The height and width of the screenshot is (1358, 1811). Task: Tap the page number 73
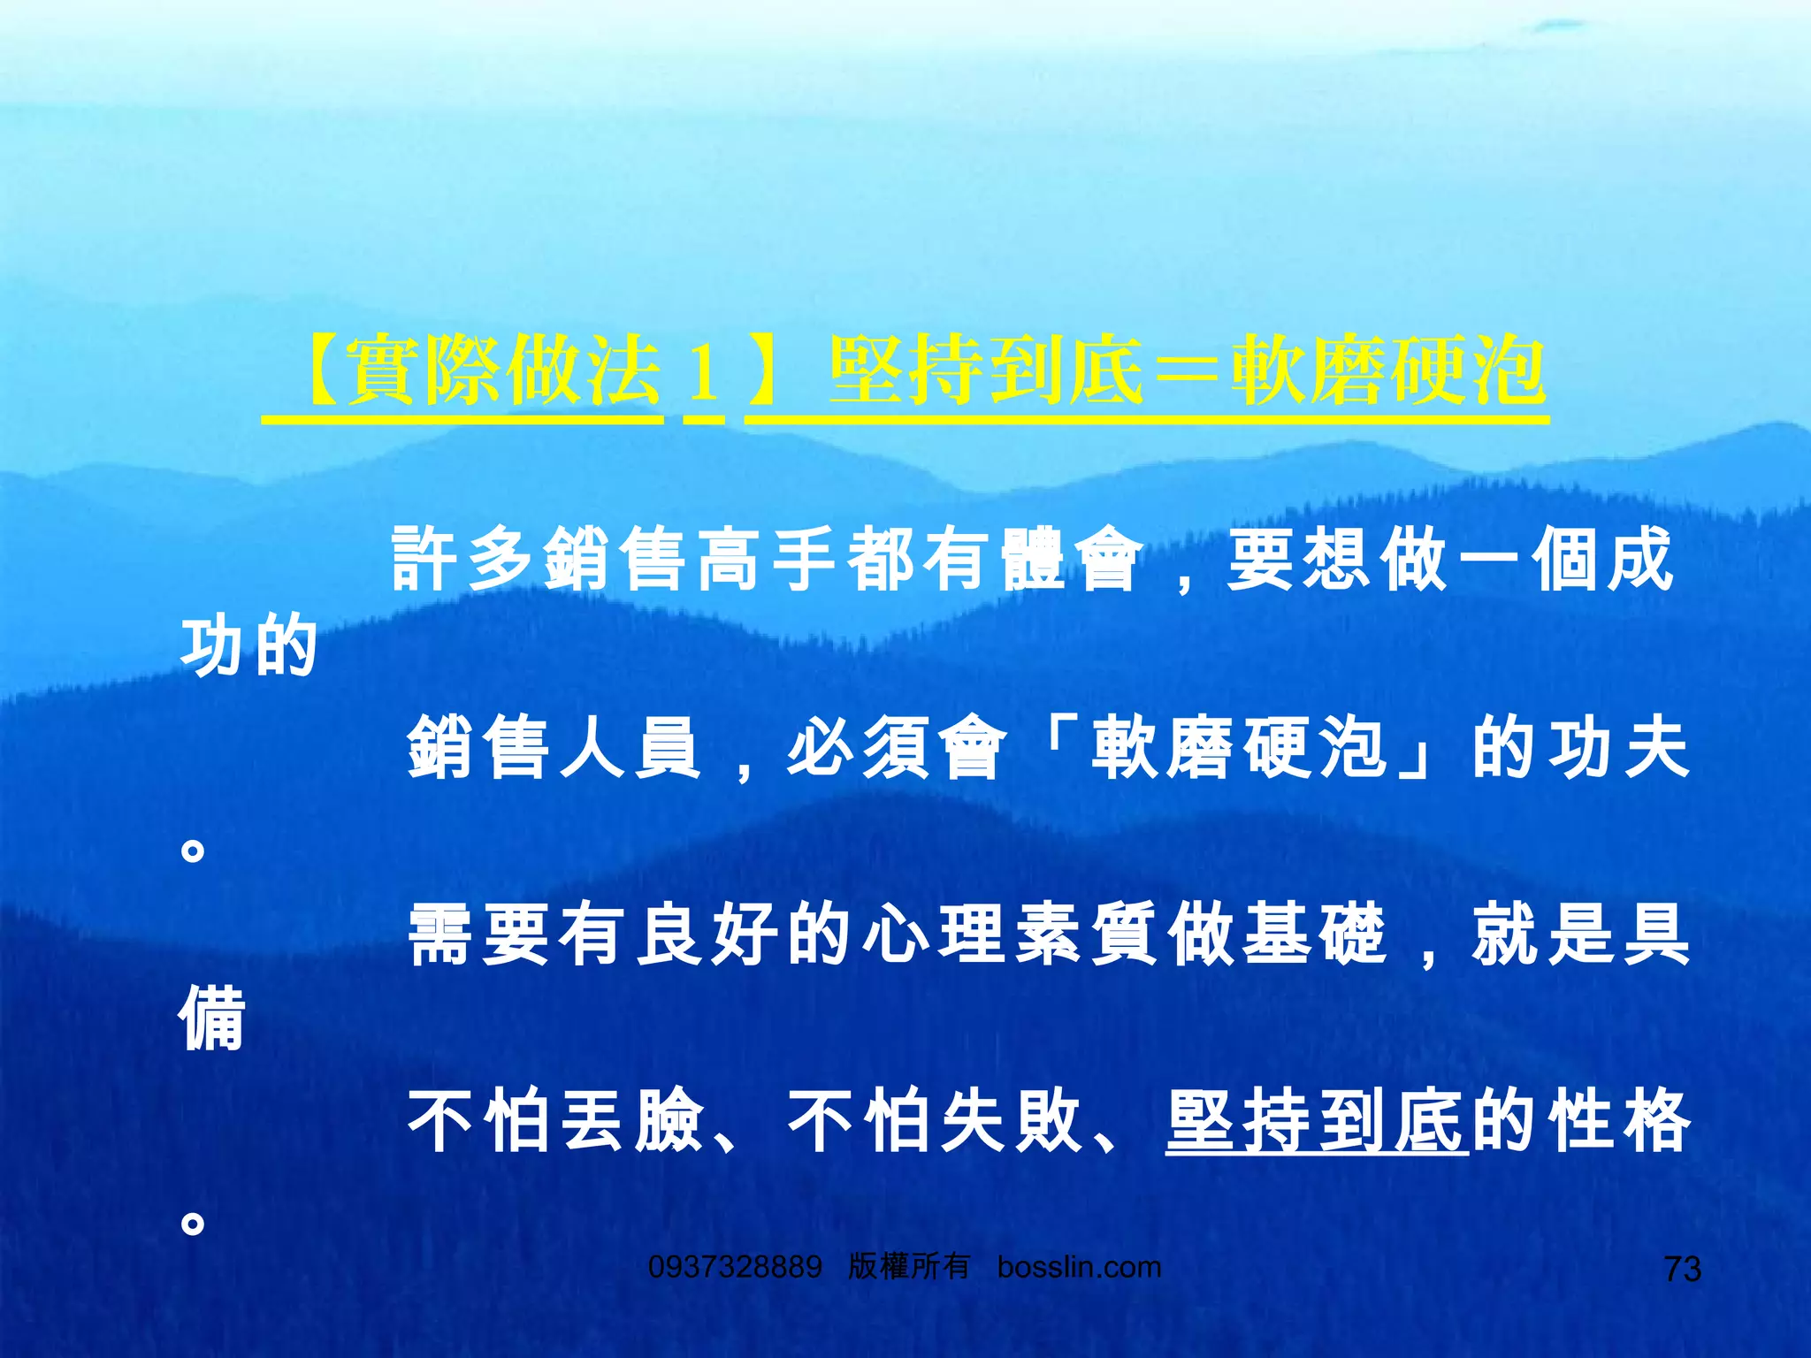[x=1682, y=1269]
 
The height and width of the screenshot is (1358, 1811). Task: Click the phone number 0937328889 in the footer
[x=735, y=1267]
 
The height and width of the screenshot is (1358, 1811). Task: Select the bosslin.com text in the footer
[x=1079, y=1267]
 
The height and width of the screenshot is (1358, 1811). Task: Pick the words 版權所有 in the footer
[x=909, y=1267]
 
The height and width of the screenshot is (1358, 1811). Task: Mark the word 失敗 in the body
[x=1011, y=1121]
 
